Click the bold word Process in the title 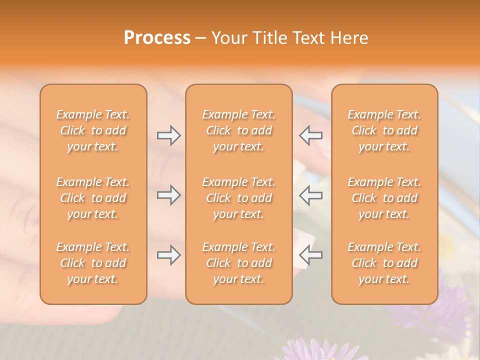(157, 38)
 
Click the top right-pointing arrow (168, 135)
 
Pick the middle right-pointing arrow (168, 195)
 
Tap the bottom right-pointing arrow (168, 255)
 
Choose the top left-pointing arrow (310, 135)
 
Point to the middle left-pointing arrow (310, 195)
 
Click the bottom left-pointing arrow (310, 255)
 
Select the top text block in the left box (93, 130)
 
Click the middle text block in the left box (93, 198)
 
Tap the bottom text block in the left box (93, 263)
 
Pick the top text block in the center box (238, 130)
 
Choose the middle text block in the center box (238, 198)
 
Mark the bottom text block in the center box (238, 263)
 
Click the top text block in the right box (384, 130)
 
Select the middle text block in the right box (384, 198)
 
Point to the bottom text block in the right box (384, 263)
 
